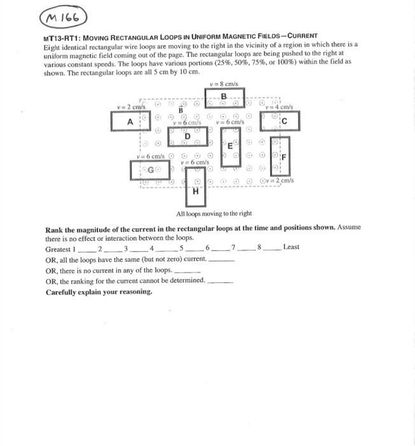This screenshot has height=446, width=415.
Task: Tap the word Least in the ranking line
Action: (x=291, y=247)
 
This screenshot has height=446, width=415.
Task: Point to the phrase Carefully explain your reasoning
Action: (x=99, y=292)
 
